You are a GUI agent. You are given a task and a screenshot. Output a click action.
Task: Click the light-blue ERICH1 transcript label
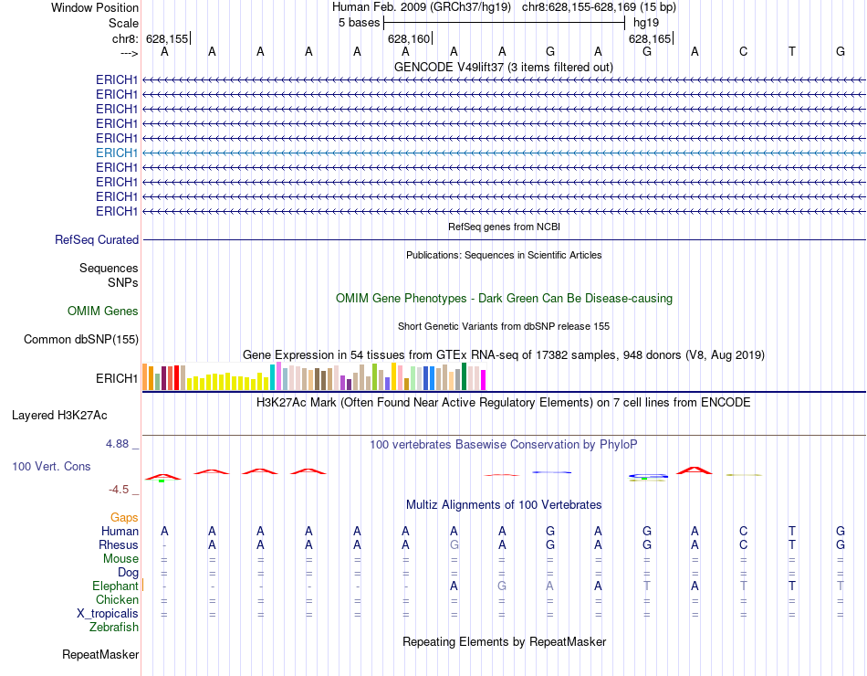click(x=117, y=153)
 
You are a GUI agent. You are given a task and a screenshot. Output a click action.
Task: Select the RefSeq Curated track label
click(x=97, y=239)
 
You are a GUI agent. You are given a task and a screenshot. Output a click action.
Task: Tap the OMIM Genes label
click(x=103, y=312)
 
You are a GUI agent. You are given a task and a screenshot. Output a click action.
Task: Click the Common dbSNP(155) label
click(x=80, y=340)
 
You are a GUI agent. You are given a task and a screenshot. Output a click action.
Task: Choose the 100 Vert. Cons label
click(x=51, y=466)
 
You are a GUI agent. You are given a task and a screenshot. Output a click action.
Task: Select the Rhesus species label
click(x=119, y=544)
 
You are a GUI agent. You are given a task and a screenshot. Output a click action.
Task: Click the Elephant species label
click(x=115, y=586)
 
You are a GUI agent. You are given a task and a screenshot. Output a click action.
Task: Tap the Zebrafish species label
click(x=114, y=628)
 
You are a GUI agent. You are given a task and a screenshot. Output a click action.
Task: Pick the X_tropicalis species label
click(x=108, y=613)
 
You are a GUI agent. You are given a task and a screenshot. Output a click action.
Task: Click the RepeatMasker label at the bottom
click(x=100, y=655)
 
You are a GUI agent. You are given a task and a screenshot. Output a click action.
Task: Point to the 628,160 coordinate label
click(x=408, y=39)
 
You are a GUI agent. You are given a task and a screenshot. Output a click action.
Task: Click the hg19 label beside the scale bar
click(x=645, y=21)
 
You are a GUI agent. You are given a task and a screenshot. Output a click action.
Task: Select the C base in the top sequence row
click(x=744, y=51)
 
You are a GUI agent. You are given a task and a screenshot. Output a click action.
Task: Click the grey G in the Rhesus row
click(x=454, y=544)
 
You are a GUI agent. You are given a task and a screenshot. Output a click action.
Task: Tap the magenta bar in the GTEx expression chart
click(x=484, y=379)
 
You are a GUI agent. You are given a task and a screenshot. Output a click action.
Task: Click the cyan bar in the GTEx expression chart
click(x=272, y=376)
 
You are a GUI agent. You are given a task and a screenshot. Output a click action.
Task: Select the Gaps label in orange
click(x=124, y=517)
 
